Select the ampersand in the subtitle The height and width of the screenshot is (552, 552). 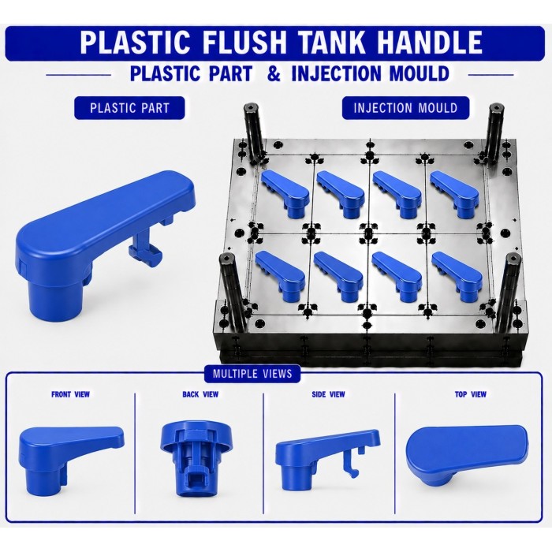pos(274,73)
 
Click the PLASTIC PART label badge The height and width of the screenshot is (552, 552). pos(129,108)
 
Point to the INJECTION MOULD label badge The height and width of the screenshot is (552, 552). pos(405,108)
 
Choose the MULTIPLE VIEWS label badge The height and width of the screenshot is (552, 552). pos(252,373)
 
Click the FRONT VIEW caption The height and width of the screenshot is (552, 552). pos(70,394)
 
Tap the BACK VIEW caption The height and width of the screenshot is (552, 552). pos(200,394)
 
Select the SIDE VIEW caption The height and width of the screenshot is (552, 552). pos(328,394)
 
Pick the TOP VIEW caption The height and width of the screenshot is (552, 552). pos(470,394)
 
